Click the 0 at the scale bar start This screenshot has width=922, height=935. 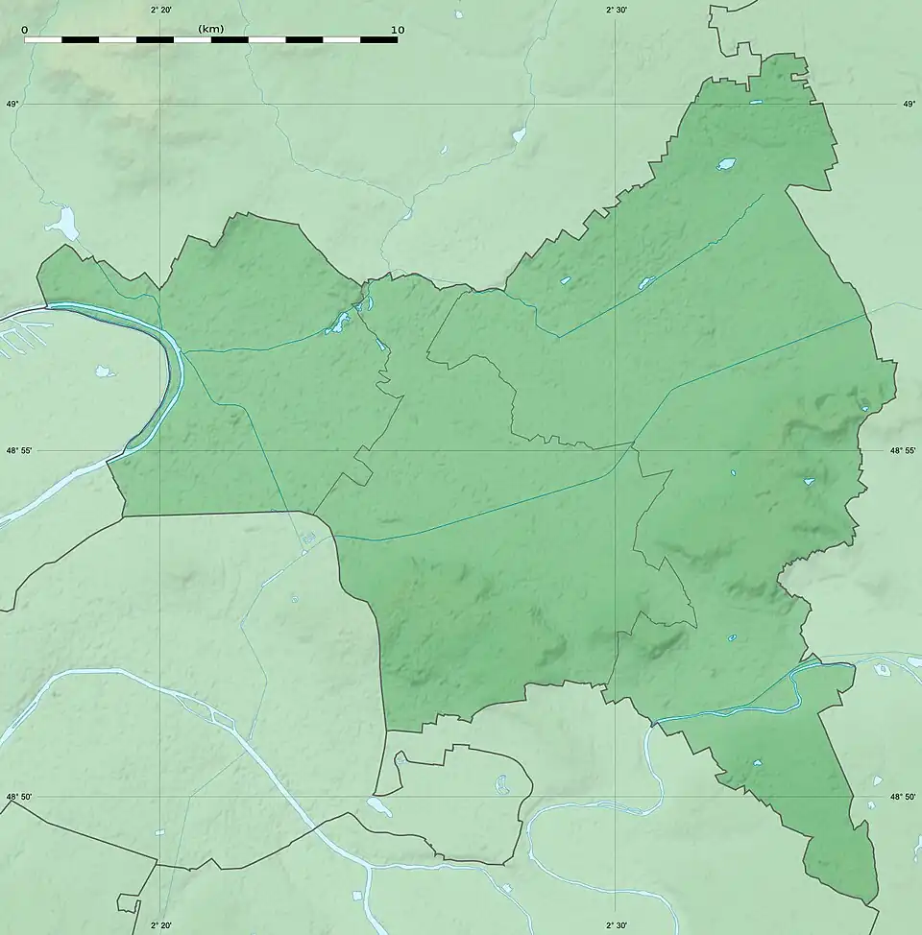(x=24, y=30)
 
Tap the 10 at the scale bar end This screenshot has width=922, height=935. (x=398, y=30)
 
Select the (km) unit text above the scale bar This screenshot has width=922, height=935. (x=211, y=29)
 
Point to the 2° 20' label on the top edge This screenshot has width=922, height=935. (x=161, y=10)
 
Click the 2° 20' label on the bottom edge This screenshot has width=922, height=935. (x=161, y=926)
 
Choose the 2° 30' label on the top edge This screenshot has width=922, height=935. (x=616, y=10)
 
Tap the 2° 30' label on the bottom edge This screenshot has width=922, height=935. (x=616, y=926)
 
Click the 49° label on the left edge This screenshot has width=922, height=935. (x=12, y=104)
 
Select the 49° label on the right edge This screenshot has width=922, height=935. (x=909, y=104)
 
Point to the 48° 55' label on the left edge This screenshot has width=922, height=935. (x=19, y=450)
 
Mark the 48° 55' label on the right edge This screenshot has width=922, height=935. (x=902, y=450)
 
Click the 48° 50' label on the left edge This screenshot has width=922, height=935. (x=19, y=797)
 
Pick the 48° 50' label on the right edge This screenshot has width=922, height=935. (x=902, y=797)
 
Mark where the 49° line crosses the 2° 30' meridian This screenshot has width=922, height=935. (x=616, y=104)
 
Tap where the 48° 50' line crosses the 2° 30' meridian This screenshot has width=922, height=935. (x=616, y=797)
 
